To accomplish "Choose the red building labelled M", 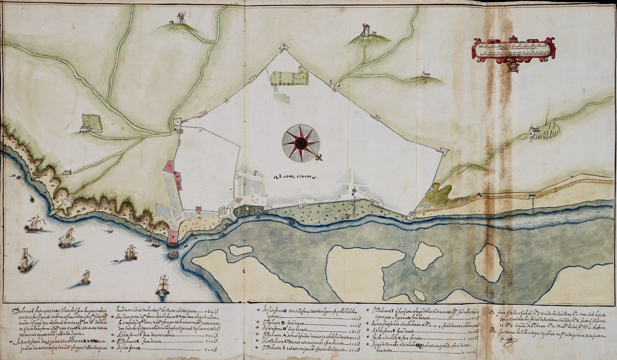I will click(x=178, y=177).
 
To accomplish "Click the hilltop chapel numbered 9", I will click(x=423, y=74).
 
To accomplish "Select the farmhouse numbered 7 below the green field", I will click(x=85, y=129).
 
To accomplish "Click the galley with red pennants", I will click(x=35, y=225).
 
